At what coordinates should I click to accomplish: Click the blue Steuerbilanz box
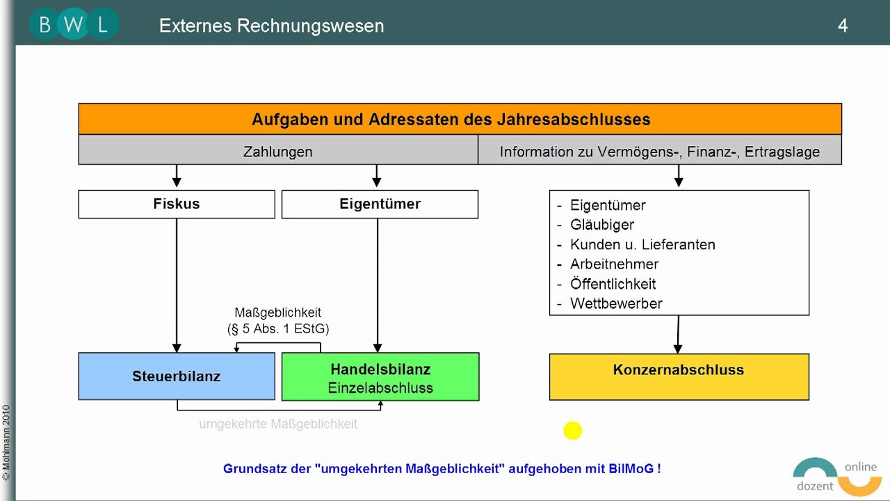click(177, 376)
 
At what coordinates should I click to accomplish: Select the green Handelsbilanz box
click(380, 377)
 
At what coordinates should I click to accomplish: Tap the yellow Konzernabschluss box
click(679, 376)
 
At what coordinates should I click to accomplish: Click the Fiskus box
click(177, 204)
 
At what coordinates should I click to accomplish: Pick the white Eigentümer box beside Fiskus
click(380, 204)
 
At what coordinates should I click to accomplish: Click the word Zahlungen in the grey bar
click(277, 151)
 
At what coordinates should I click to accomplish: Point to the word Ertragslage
click(782, 151)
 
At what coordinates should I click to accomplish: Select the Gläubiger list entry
click(602, 225)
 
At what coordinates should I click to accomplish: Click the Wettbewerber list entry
click(616, 303)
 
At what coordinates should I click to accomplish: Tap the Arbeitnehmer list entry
click(614, 264)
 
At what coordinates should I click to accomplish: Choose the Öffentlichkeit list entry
click(613, 284)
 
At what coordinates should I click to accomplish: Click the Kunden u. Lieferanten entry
click(642, 244)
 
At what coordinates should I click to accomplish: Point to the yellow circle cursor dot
click(572, 431)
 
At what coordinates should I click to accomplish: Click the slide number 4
click(843, 26)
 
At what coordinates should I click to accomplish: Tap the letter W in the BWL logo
click(73, 25)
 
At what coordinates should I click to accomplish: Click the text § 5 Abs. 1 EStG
click(278, 328)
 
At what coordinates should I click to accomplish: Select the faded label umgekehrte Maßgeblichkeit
click(278, 424)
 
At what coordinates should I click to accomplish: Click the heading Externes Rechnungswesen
click(271, 26)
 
